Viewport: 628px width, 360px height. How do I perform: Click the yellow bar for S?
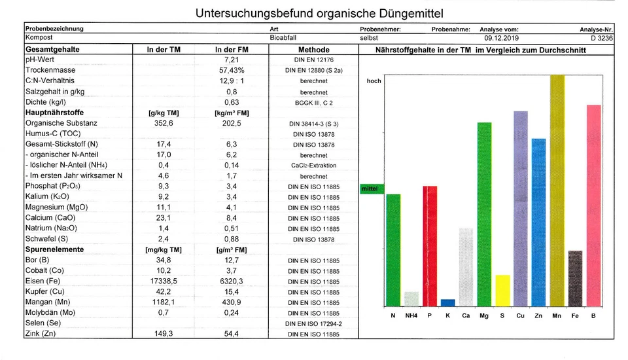tap(502, 291)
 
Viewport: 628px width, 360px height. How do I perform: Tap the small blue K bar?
tap(447, 303)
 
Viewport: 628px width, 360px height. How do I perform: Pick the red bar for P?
tap(429, 246)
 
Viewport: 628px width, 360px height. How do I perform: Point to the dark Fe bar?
tap(575, 279)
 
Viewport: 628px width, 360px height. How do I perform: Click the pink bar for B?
tap(593, 206)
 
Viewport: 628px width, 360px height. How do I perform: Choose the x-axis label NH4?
tap(411, 316)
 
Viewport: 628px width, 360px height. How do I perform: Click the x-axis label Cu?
tap(520, 316)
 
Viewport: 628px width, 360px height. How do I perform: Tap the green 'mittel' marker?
tap(372, 189)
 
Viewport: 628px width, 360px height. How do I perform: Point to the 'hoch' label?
tap(374, 81)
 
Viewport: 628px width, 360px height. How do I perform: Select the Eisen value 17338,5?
tap(164, 281)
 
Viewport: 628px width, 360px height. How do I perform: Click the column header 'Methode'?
tap(314, 50)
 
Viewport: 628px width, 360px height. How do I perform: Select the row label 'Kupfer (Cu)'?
tap(46, 291)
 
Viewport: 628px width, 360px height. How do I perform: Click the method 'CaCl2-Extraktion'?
tap(314, 166)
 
